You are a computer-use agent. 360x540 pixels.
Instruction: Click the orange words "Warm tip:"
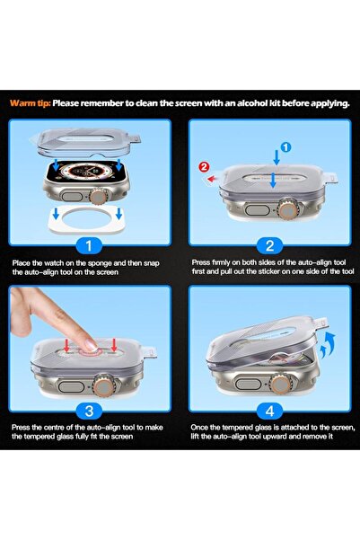point(31,103)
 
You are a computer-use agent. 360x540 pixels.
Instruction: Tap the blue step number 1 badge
point(89,245)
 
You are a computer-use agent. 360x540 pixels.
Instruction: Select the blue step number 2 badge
point(270,245)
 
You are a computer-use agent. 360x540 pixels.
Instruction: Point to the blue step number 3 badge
point(89,411)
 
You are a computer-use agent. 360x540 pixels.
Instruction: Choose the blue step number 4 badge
point(270,411)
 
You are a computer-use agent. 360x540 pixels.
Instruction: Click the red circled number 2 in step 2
point(204,167)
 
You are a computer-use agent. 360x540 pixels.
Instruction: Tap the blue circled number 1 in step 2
point(286,147)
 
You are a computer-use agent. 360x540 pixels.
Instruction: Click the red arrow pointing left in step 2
point(212,179)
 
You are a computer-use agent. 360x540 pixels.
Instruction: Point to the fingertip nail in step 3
point(92,345)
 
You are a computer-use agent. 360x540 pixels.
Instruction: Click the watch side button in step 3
point(72,386)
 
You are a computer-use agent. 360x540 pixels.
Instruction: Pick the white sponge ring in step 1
point(86,219)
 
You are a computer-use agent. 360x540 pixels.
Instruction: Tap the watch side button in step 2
point(257,210)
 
